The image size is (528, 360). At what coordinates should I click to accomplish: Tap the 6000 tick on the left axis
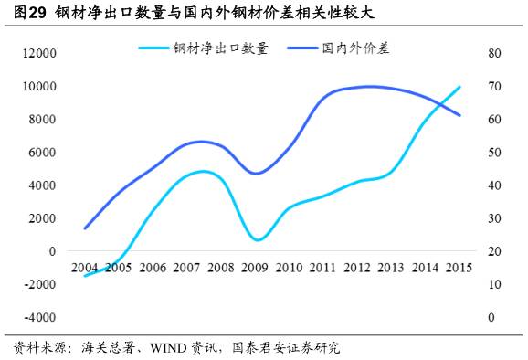44,152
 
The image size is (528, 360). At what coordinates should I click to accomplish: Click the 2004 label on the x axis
85,267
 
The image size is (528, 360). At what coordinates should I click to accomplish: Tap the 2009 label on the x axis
256,267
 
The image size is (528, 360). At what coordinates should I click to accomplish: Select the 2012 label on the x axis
357,267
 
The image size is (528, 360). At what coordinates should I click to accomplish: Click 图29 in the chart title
29,13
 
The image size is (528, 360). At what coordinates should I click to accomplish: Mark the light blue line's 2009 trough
258,240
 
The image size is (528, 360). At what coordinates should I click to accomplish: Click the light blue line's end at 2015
459,87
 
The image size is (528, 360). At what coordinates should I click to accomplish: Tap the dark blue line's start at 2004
85,228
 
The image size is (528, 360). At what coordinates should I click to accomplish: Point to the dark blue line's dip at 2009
258,174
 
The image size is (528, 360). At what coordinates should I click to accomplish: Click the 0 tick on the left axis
53,251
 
